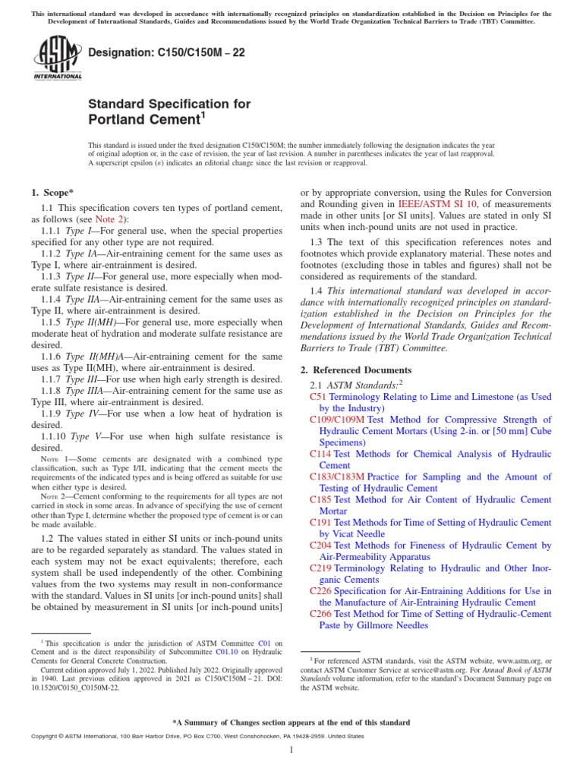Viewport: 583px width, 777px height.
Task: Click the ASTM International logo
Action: tap(58, 61)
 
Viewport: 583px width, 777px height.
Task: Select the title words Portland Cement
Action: tap(143, 120)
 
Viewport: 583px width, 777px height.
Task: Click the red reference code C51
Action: tap(318, 397)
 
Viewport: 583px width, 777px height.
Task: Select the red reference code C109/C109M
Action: tap(337, 420)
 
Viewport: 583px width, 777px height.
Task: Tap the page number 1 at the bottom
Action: tap(291, 750)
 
